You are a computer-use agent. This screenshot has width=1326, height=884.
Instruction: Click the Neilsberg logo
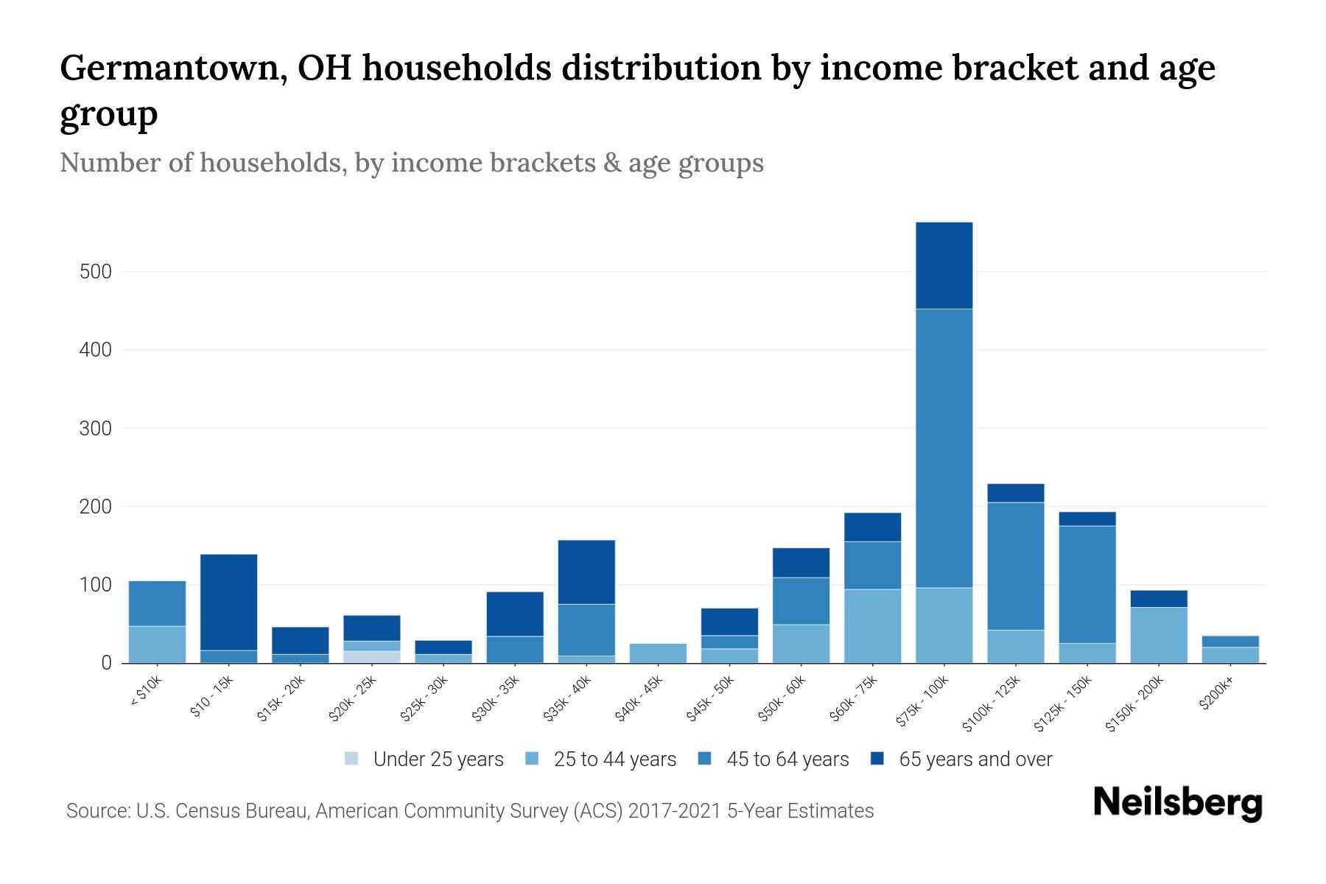(x=1177, y=804)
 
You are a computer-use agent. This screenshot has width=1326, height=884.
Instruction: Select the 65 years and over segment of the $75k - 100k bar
(x=944, y=265)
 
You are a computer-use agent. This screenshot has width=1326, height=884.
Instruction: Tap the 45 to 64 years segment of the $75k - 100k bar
(x=944, y=448)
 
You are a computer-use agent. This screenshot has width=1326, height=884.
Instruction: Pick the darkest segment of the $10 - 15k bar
(x=228, y=602)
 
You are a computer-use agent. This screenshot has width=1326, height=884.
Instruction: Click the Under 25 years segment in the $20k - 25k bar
(x=371, y=657)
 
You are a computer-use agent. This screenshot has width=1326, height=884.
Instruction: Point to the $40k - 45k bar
(x=658, y=653)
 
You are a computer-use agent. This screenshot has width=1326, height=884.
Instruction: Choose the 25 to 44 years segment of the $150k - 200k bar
(x=1159, y=635)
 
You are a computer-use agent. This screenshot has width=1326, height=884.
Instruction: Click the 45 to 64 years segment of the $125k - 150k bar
(x=1087, y=585)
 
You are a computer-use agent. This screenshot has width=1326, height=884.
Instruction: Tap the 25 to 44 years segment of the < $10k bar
(x=157, y=645)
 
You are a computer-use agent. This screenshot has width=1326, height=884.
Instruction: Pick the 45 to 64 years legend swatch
(x=704, y=758)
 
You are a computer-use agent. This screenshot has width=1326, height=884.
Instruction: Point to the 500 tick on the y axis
(x=96, y=272)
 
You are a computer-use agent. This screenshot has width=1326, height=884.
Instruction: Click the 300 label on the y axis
(x=96, y=428)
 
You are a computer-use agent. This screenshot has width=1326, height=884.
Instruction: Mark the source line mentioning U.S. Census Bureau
(x=470, y=811)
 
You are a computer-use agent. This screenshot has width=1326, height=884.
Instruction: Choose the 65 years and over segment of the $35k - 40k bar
(x=586, y=572)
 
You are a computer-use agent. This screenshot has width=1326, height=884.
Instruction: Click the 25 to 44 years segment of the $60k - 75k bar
(x=872, y=626)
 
